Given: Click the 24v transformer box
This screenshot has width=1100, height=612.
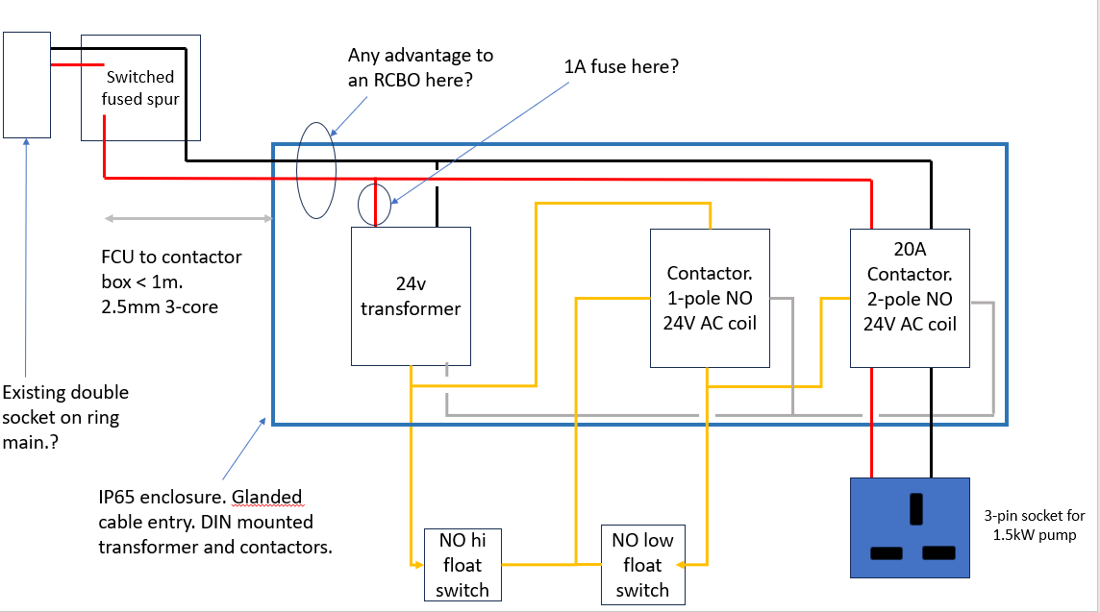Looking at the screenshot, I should [411, 296].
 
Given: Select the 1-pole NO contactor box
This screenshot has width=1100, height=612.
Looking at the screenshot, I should [710, 298].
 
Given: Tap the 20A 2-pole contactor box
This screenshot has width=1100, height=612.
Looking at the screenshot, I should [910, 298].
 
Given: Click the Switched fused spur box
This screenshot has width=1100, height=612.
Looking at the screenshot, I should [140, 87].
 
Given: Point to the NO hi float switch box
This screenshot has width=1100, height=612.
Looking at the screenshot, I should [462, 565].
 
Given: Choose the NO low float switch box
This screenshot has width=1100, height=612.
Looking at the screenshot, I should [642, 565].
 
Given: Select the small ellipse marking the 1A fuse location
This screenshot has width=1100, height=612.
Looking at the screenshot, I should [374, 205].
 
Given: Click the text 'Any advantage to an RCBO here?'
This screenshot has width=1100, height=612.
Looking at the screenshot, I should [420, 68].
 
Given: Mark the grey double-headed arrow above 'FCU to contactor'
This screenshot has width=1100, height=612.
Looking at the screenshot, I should [188, 218].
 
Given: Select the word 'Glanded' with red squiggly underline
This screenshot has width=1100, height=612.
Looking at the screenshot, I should [267, 499].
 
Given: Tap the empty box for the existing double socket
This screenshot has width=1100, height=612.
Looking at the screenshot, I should [27, 85].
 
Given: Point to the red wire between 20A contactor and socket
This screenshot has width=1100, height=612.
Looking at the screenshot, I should [873, 423].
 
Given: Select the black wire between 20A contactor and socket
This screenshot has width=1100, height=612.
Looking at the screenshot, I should [931, 423].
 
